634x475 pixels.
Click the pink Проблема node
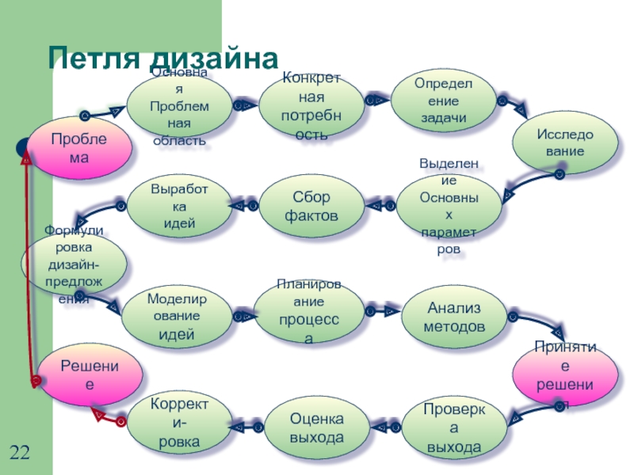point(79,148)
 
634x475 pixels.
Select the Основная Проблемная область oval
point(178,107)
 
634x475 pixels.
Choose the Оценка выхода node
point(316,427)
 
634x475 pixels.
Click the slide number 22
point(21,453)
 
